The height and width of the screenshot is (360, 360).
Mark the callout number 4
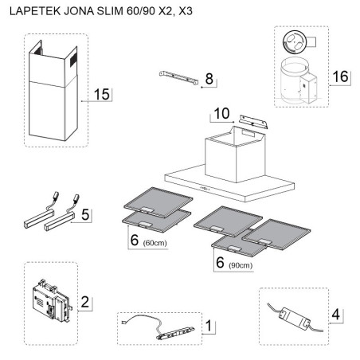[335, 313]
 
